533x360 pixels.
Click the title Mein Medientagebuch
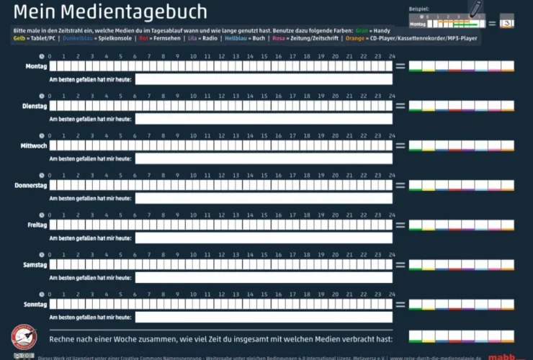(110, 12)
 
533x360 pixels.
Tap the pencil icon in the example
(475, 9)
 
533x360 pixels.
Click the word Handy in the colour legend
(382, 30)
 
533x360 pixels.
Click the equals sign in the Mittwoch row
(400, 145)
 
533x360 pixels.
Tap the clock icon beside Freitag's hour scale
(41, 216)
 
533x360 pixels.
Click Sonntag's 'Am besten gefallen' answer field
(264, 317)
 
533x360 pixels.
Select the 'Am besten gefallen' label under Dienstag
(90, 119)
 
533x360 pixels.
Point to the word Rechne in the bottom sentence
(63, 338)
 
